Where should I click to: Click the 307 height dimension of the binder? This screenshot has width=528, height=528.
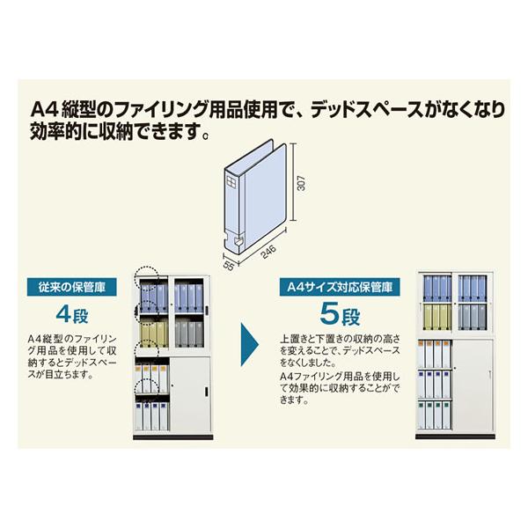302,183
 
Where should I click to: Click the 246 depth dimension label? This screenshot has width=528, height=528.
268,251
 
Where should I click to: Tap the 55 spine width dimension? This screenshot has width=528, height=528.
228,266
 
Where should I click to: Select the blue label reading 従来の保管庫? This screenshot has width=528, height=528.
72,287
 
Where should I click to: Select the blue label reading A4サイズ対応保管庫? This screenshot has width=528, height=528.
340,287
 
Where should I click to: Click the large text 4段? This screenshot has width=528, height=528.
72,315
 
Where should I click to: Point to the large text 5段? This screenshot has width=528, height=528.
340,314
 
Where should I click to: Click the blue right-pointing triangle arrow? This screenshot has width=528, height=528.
249,344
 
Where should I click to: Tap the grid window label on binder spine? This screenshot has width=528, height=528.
232,182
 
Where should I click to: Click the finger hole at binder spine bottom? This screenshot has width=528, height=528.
238,241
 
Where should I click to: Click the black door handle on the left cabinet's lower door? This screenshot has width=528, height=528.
207,392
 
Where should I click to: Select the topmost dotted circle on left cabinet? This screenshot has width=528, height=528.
146,276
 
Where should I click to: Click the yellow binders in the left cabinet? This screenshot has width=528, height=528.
154,334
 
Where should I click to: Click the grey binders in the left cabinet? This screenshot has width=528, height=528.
189,333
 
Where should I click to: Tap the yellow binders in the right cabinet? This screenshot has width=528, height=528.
437,317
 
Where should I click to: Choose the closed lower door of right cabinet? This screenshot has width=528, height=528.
473,385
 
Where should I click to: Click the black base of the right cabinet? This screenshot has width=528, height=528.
455,436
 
